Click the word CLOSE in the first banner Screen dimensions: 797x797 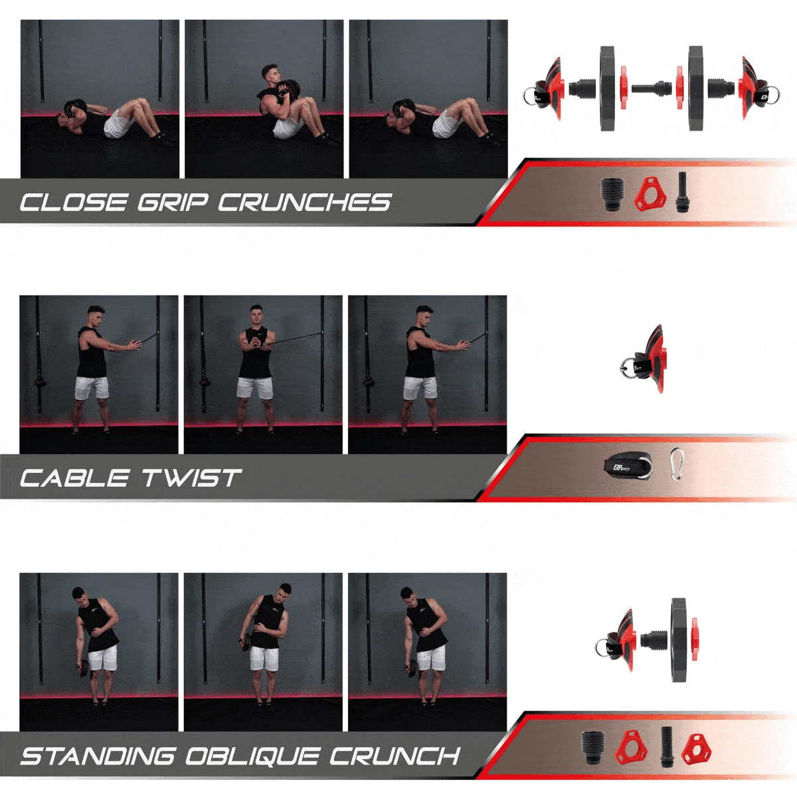[74, 203]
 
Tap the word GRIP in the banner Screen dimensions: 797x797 [173, 203]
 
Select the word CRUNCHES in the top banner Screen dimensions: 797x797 [304, 203]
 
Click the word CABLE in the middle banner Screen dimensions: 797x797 [74, 478]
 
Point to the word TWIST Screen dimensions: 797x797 [191, 478]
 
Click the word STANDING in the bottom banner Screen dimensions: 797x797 [98, 756]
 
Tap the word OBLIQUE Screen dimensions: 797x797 [252, 756]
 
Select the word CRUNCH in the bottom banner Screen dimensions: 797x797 [395, 756]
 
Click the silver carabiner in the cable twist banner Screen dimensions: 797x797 [677, 464]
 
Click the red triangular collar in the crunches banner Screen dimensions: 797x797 [650, 194]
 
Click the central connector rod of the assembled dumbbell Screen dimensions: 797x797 [652, 88]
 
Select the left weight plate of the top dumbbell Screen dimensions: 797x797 [608, 88]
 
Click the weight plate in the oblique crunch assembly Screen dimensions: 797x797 [679, 640]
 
